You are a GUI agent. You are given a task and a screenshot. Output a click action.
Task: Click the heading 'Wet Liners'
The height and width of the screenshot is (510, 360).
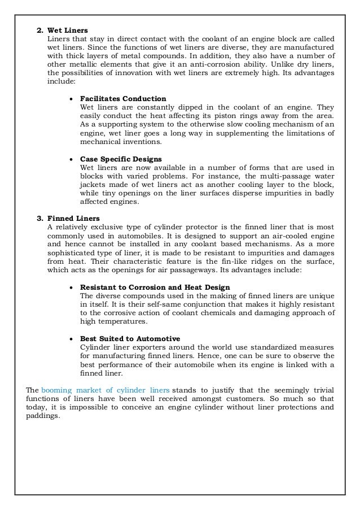(68, 29)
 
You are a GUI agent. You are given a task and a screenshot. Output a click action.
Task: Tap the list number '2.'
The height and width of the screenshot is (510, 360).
(39, 29)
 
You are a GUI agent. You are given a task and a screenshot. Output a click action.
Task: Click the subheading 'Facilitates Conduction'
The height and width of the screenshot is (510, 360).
(123, 98)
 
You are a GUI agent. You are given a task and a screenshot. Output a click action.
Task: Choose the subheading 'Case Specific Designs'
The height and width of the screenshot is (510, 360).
(121, 159)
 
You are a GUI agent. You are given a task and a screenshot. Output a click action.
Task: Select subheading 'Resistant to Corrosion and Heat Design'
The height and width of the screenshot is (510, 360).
(155, 287)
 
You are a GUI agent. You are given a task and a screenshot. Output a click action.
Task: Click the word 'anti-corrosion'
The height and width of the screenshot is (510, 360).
(215, 63)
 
